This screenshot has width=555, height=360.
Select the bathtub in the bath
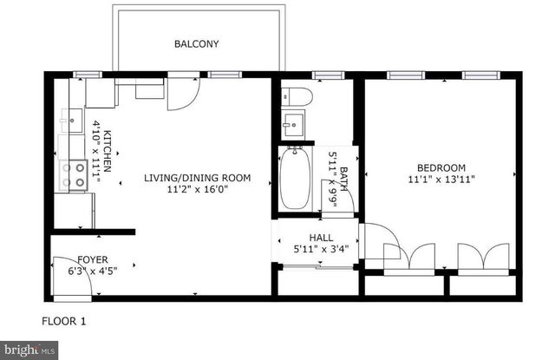click(294, 177)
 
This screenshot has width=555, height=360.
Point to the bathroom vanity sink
click(294, 124)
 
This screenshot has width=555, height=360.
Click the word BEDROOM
click(441, 168)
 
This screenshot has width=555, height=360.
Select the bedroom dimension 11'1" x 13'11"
click(441, 180)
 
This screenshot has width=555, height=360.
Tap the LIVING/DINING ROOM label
click(197, 178)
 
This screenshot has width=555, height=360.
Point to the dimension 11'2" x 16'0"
click(197, 189)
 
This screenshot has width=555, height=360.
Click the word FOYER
click(93, 259)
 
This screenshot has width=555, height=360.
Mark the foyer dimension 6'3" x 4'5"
click(93, 270)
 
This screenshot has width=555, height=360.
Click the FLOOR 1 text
click(64, 321)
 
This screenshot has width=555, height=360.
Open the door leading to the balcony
click(180, 95)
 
